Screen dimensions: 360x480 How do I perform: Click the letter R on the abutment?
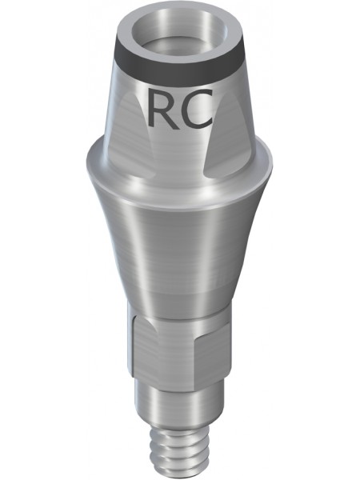[x=162, y=108]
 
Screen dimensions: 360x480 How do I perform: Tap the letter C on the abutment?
[x=196, y=108]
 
